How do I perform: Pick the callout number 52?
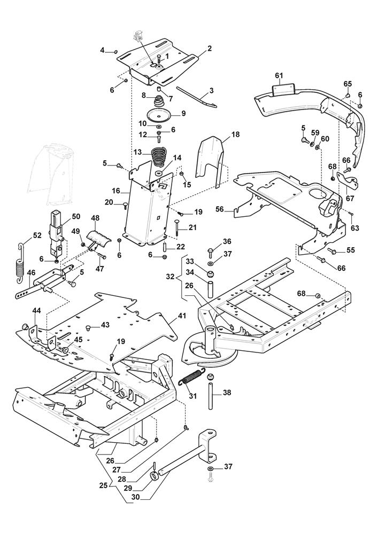[21, 235]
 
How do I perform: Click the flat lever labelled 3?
[196, 99]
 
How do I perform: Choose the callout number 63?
[354, 228]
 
